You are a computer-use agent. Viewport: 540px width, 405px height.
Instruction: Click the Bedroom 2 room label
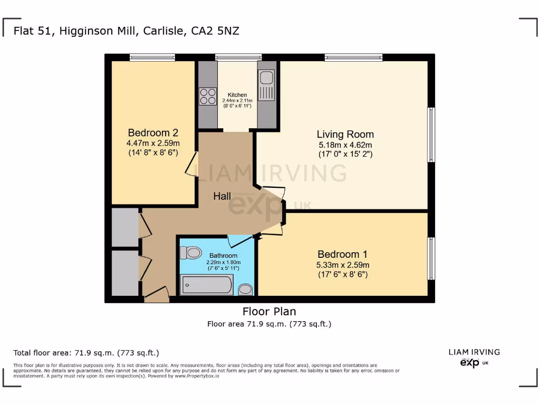pyautogui.click(x=153, y=132)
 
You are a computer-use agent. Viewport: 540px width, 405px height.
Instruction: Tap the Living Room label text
pyautogui.click(x=345, y=134)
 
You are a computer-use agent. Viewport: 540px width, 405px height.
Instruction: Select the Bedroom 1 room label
pyautogui.click(x=343, y=254)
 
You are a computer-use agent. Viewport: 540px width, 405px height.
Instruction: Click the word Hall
pyautogui.click(x=222, y=196)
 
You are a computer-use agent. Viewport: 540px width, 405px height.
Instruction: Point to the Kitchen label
pyautogui.click(x=237, y=95)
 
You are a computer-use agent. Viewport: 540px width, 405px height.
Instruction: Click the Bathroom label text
pyautogui.click(x=223, y=256)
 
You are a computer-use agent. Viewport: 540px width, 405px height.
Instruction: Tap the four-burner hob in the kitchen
pyautogui.click(x=208, y=96)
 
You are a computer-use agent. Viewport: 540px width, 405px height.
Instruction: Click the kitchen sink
pyautogui.click(x=266, y=78)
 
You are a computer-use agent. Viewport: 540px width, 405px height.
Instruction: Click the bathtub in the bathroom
pyautogui.click(x=207, y=285)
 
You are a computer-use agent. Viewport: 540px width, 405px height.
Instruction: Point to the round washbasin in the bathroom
pyautogui.click(x=245, y=290)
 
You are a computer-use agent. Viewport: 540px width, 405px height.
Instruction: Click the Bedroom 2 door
pyautogui.click(x=191, y=163)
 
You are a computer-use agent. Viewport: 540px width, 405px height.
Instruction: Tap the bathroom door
pyautogui.click(x=240, y=242)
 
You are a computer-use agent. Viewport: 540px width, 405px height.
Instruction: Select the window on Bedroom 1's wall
pyautogui.click(x=431, y=258)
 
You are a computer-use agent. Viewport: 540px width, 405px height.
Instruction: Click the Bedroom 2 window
pyautogui.click(x=152, y=57)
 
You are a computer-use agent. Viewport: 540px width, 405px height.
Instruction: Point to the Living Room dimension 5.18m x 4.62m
pyautogui.click(x=345, y=145)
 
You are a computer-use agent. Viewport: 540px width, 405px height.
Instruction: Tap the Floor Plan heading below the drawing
pyautogui.click(x=269, y=311)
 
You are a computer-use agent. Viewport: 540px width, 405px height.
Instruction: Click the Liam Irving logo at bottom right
pyautogui.click(x=474, y=357)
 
